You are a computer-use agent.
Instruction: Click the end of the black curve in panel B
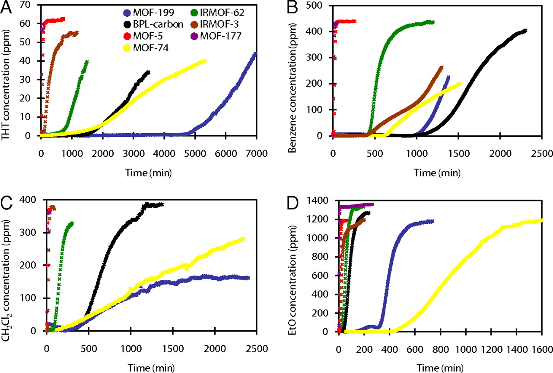525,30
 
